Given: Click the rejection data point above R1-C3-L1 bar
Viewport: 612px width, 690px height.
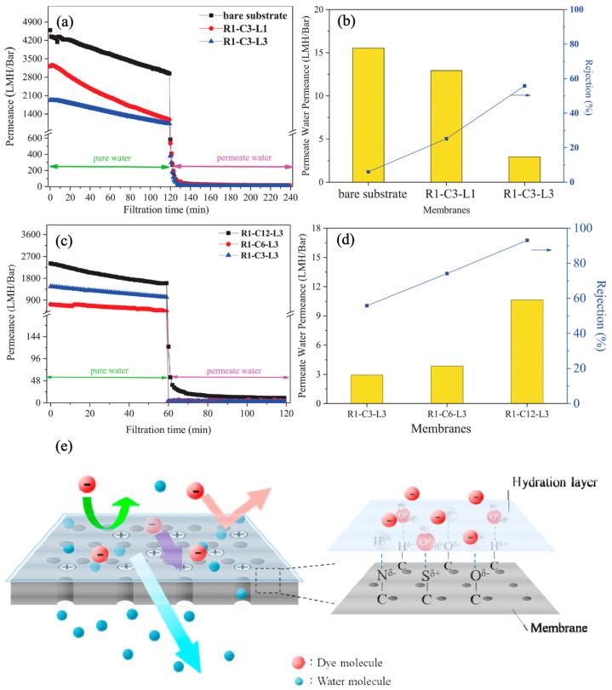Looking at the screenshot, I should pos(447,139).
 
